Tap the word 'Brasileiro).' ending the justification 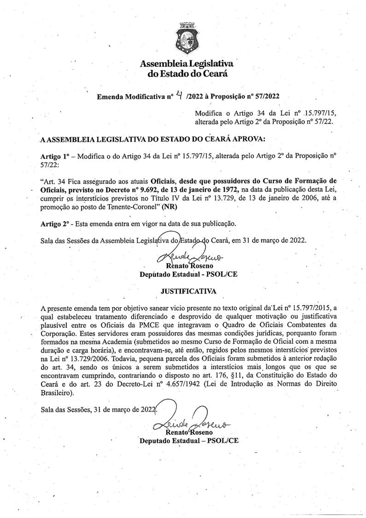pyautogui.click(x=57, y=393)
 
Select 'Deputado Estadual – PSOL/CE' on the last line pyautogui.click(x=189, y=441)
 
